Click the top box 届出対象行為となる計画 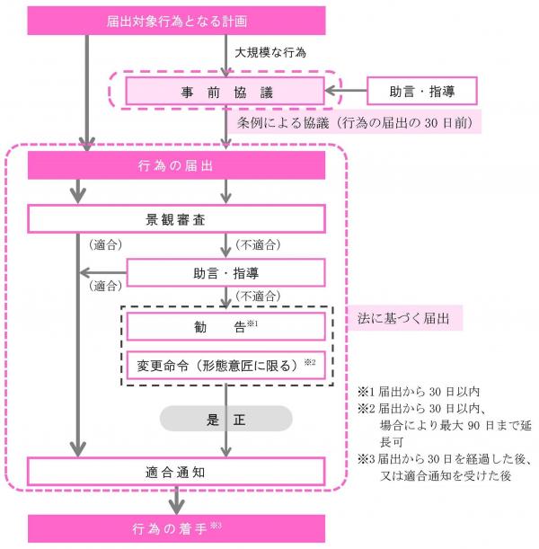pyautogui.click(x=176, y=21)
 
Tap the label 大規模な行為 pyautogui.click(x=270, y=52)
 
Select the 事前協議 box pyautogui.click(x=224, y=91)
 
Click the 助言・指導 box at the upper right pyautogui.click(x=421, y=91)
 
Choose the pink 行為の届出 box pyautogui.click(x=176, y=166)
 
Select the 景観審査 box pyautogui.click(x=176, y=218)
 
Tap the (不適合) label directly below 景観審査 pyautogui.click(x=255, y=244)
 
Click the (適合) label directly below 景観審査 pyautogui.click(x=106, y=244)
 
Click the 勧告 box pyautogui.click(x=225, y=325)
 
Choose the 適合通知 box pyautogui.click(x=176, y=471)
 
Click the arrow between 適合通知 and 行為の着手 pyautogui.click(x=176, y=500)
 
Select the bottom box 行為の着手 pyautogui.click(x=176, y=527)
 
